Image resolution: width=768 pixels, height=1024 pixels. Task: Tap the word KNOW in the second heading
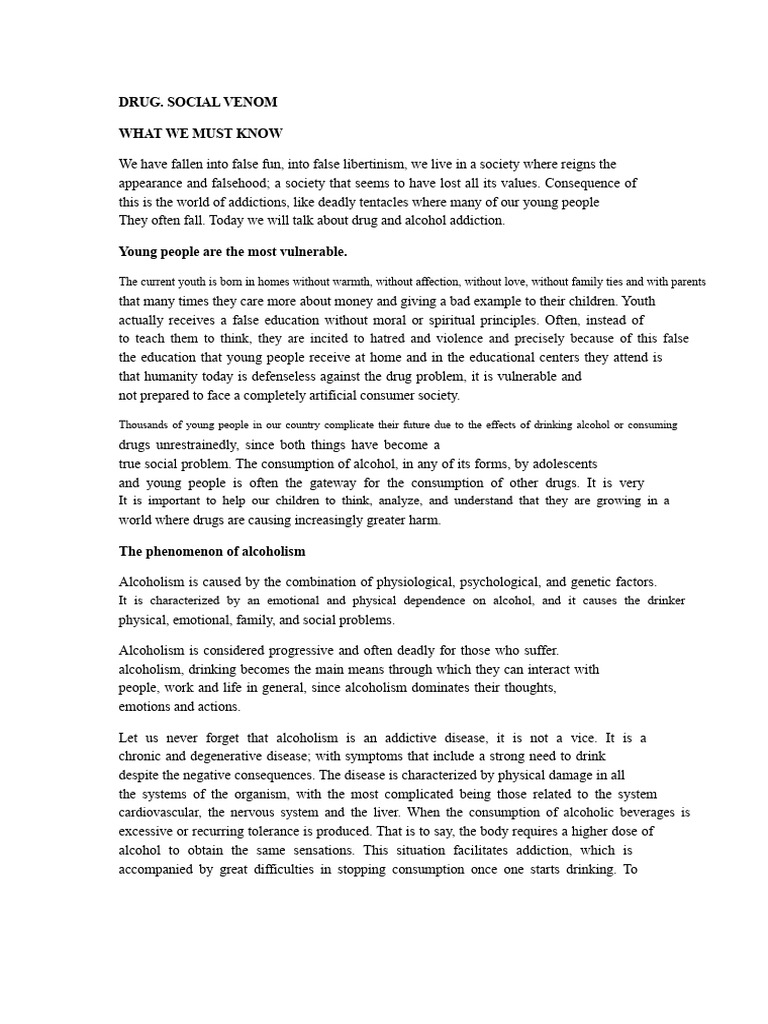point(259,133)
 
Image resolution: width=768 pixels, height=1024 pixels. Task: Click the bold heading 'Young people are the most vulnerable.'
point(233,251)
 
